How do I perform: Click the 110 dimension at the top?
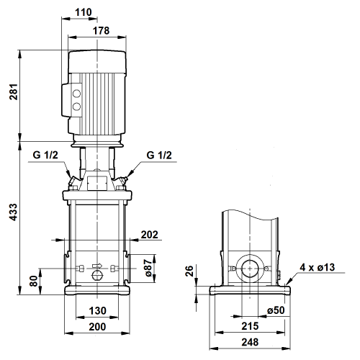coord(84,12)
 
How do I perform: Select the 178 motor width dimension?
coord(101,30)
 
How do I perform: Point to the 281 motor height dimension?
coord(14,91)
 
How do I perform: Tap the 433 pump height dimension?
coord(14,212)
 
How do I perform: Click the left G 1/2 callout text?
coord(45,155)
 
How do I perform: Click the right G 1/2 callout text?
coord(159,156)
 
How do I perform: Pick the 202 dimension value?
coord(149,235)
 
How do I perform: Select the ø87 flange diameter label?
coord(148,268)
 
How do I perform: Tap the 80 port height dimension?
coord(34,281)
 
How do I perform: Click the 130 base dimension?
coord(97,310)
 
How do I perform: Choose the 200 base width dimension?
coord(97,327)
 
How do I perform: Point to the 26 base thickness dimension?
coord(189,271)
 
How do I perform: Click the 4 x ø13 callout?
coord(317,267)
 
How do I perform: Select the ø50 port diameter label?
coord(276,310)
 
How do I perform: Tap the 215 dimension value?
coord(250,326)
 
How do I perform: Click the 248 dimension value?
coord(250,342)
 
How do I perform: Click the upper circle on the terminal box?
coord(76,94)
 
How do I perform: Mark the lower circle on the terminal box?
coord(76,106)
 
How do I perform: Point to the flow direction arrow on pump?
coord(97,266)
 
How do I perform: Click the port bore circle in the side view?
coord(250,269)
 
